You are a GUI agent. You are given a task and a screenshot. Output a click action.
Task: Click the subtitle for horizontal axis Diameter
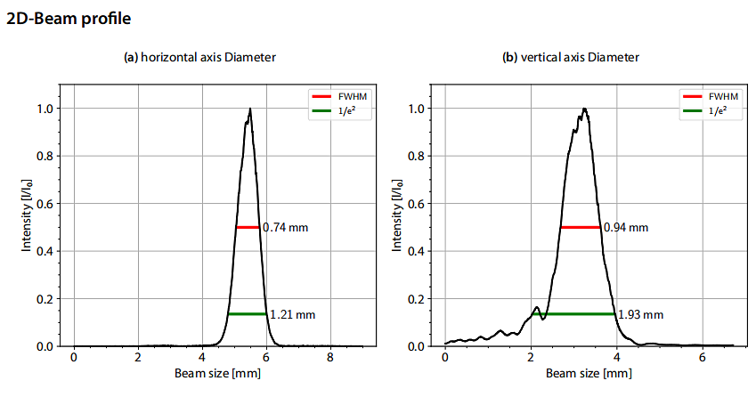tap(199, 58)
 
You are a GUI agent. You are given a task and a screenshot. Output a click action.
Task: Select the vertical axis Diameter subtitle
tap(571, 58)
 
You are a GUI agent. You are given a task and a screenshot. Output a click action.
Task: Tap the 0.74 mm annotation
tap(286, 228)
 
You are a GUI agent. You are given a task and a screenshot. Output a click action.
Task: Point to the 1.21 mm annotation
tap(292, 314)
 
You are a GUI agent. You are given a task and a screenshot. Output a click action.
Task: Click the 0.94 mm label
tap(626, 228)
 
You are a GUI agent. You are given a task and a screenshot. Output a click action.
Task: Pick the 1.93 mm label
tap(641, 314)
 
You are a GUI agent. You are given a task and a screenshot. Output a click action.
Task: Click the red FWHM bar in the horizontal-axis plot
tap(248, 227)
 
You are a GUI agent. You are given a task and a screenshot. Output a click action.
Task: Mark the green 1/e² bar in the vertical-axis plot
tap(573, 313)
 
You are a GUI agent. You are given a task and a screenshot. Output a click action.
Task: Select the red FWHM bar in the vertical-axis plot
tap(581, 227)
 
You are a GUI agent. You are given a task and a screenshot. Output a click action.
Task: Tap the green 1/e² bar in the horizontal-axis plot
tap(247, 313)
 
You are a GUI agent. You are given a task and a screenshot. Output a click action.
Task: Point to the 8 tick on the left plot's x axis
tap(330, 357)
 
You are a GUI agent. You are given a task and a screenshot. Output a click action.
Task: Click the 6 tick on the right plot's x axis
tap(703, 357)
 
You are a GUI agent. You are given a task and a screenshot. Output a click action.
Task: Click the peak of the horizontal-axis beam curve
tap(250, 109)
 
